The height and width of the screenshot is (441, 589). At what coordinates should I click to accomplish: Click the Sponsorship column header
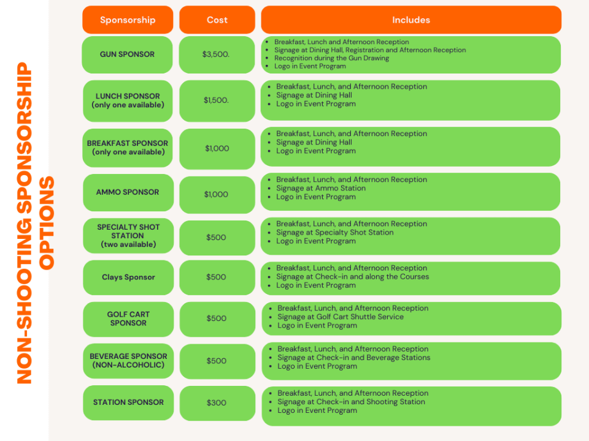point(128,20)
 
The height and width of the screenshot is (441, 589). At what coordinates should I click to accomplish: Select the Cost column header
point(217,20)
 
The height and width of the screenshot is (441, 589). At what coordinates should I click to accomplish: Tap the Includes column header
point(411,20)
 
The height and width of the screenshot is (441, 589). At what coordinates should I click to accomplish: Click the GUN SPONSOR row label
point(128,55)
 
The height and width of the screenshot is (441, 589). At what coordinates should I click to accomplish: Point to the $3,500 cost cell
point(217,55)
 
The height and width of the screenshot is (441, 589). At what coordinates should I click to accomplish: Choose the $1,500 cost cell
point(217,100)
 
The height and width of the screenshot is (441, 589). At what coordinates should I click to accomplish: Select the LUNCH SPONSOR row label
point(128,100)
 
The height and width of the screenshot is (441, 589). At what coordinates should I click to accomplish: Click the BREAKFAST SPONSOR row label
point(128,148)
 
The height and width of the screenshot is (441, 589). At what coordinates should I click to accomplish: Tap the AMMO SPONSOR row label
point(128,192)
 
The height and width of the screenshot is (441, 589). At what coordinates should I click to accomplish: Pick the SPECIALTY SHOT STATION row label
point(128,236)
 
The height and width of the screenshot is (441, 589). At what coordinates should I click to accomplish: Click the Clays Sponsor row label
point(128,277)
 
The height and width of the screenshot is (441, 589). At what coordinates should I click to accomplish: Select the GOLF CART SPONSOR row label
point(128,318)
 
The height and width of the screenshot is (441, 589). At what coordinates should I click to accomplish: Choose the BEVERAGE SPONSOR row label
point(128,361)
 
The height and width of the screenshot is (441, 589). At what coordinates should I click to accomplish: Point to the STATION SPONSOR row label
point(128,402)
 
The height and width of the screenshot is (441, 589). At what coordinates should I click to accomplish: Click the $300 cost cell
point(217,403)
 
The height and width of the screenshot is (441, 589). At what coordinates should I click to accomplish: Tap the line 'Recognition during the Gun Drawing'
point(331,58)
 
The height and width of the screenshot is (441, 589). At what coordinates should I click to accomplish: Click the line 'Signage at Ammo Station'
point(321,188)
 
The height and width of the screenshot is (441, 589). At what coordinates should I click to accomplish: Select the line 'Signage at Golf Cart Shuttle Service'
point(341,317)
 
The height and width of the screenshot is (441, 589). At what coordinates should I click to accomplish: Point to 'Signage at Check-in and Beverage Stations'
point(354,358)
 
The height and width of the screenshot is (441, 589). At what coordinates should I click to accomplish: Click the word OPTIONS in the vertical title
point(47,223)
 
